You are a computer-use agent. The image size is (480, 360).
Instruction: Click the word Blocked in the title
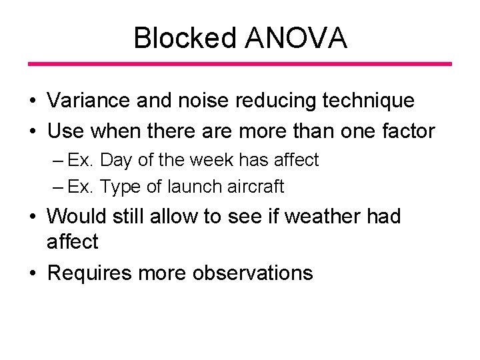click(x=185, y=38)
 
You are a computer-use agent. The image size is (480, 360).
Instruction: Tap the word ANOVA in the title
click(x=295, y=38)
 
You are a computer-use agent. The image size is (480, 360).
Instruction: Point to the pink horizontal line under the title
click(x=239, y=64)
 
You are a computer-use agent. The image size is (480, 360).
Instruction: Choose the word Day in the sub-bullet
click(x=117, y=161)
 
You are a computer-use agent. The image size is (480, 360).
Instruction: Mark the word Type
click(x=119, y=187)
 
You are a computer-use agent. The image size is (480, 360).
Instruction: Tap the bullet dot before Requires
click(x=31, y=273)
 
